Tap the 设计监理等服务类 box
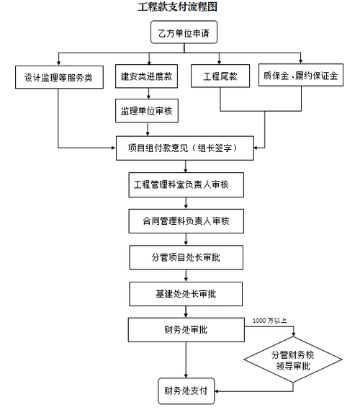coord(58,76)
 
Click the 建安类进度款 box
coord(148,76)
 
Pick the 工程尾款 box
coord(220,76)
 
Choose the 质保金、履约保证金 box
coord(300,76)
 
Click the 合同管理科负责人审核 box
coord(185,219)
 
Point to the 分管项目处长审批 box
coord(185,256)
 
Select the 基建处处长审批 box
coord(185,293)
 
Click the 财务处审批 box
coord(185,330)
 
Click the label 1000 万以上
coord(271,320)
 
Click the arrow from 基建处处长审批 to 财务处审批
coord(185,311)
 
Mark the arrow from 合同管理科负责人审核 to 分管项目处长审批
coord(185,237)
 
